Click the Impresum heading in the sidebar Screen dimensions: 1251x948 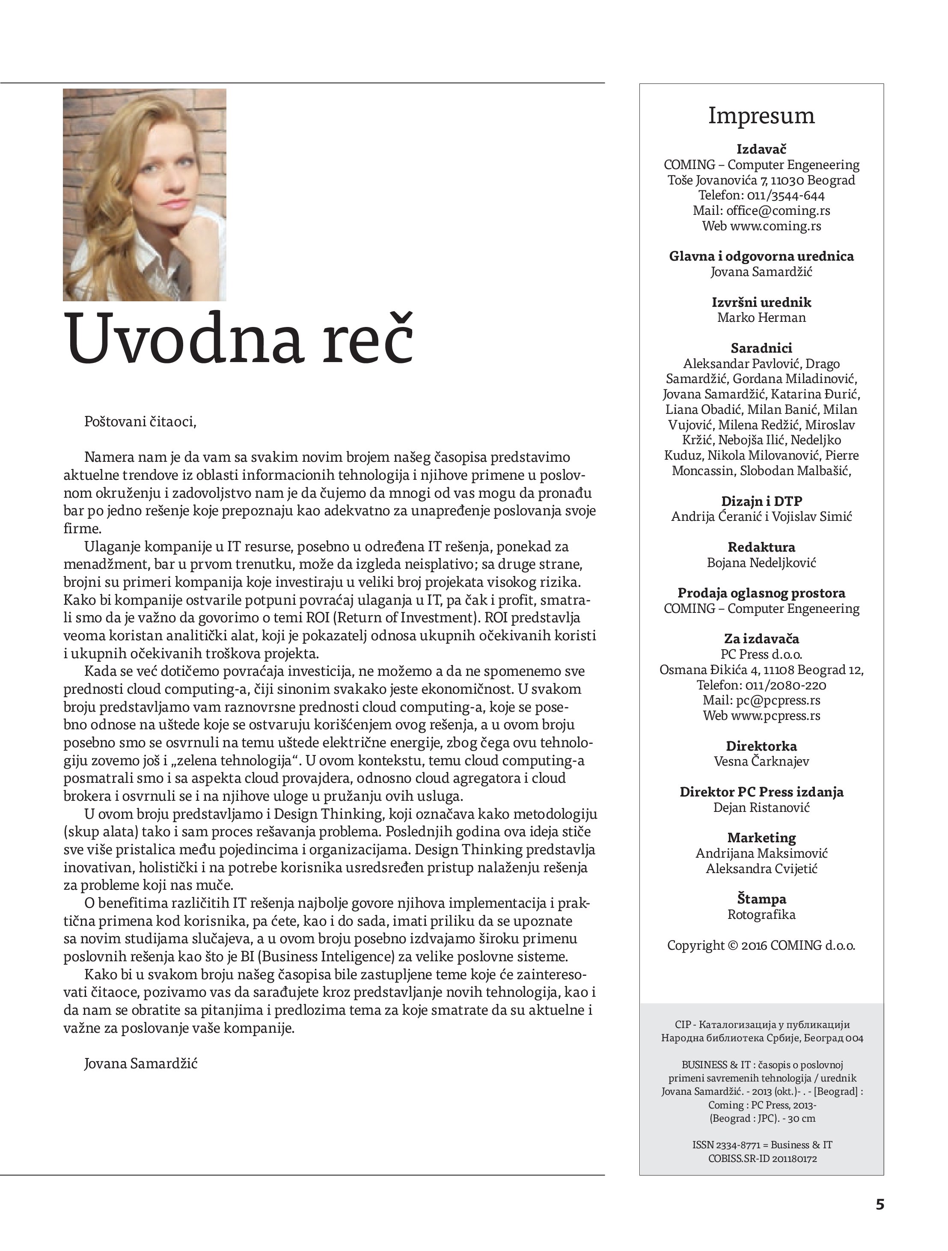[x=761, y=116]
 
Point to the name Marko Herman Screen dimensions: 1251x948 [x=761, y=317]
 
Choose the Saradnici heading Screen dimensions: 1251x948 [x=761, y=348]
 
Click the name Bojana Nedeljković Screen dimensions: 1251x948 [x=761, y=563]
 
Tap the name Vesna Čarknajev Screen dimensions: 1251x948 [x=761, y=761]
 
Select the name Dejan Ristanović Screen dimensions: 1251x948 [x=761, y=807]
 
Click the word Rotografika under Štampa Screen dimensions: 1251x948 [x=761, y=915]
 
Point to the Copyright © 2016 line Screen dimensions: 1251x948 [x=761, y=945]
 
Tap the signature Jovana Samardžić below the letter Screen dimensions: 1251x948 [x=141, y=1063]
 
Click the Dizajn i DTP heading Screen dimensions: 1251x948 [x=761, y=501]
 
